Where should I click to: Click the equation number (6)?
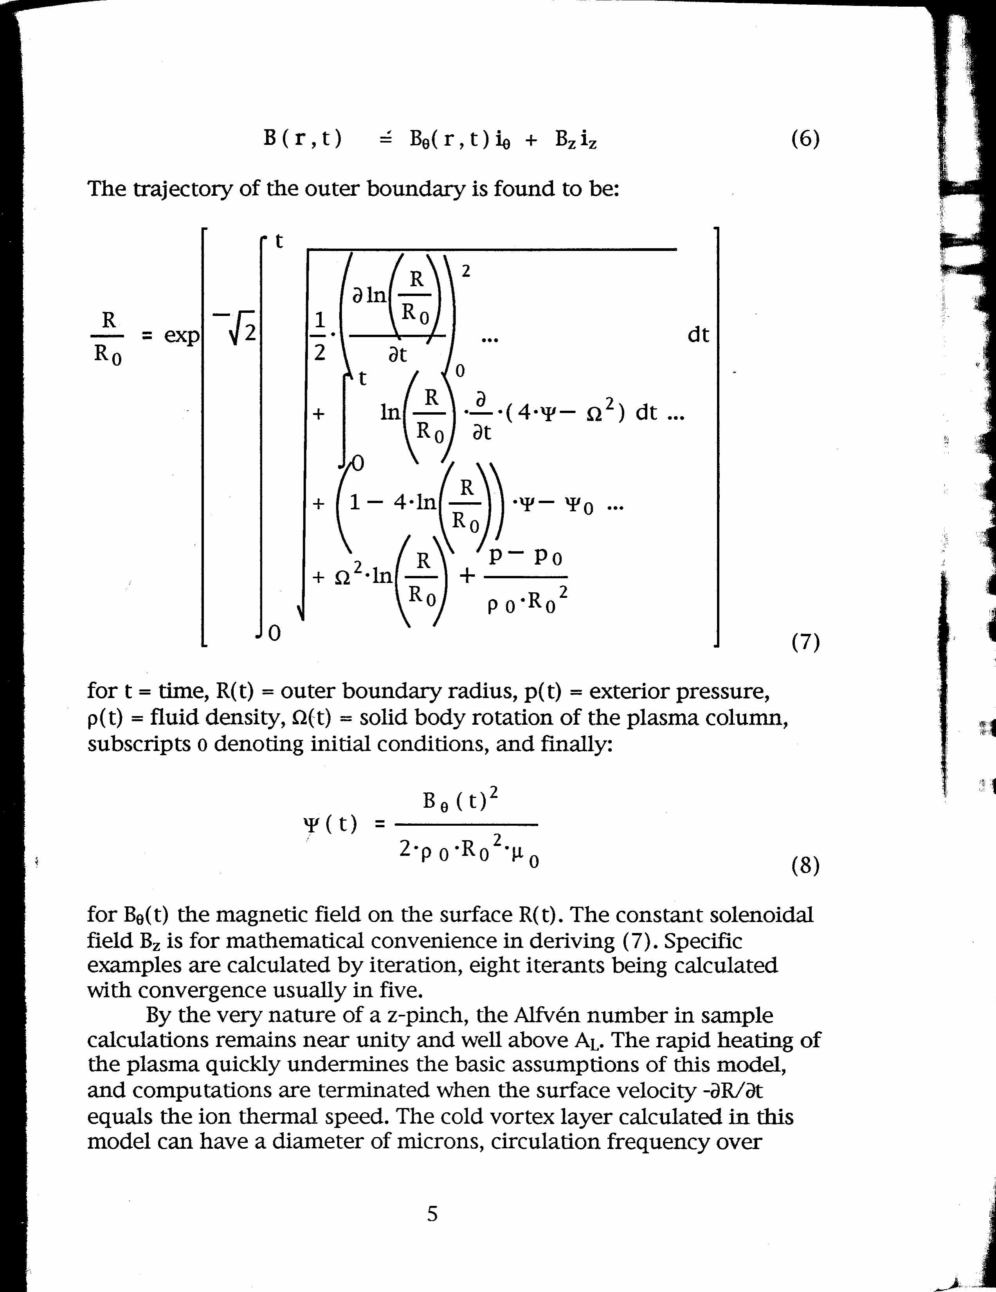tap(805, 139)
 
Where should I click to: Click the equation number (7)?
tap(805, 641)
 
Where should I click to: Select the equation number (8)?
tap(805, 866)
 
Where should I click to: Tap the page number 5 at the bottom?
tap(432, 1213)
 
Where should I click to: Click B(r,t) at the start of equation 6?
tap(303, 139)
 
